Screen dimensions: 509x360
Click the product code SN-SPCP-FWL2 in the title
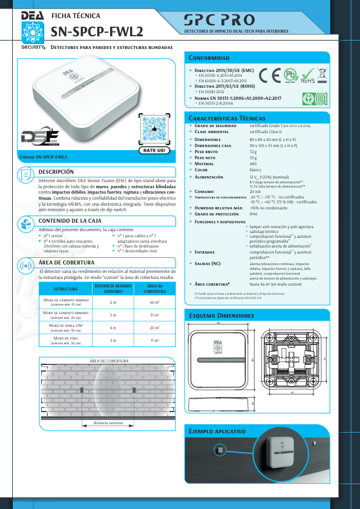(97, 31)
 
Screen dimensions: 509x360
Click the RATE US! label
(154, 149)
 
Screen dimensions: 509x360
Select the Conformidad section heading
(209, 58)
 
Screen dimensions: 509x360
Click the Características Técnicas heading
(227, 117)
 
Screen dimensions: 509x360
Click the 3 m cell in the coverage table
(113, 341)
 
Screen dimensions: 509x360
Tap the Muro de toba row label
(66, 340)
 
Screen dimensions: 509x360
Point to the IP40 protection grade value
(254, 231)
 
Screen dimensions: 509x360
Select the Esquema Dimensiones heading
(222, 316)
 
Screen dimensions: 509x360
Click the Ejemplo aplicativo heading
(217, 431)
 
